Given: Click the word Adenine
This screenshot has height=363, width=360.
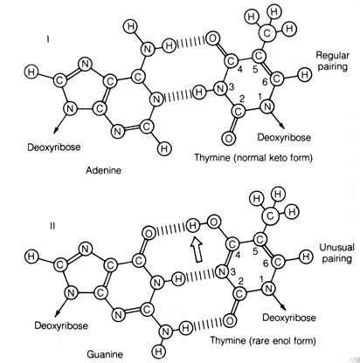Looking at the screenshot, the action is (103, 170).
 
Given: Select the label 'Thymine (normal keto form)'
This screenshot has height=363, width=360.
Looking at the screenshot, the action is (253, 158).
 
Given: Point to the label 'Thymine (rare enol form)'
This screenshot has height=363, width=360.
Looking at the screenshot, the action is (263, 340).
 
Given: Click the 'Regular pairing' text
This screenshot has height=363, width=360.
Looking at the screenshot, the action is (332, 60).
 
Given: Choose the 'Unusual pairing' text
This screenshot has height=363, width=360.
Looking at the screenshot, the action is (336, 253).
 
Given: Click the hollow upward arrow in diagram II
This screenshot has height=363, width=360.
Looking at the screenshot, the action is (197, 249).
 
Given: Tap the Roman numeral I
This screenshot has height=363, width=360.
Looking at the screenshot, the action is (48, 38).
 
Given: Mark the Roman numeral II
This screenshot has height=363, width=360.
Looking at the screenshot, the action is (52, 226).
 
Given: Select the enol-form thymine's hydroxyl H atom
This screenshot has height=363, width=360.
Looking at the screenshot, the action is (192, 226).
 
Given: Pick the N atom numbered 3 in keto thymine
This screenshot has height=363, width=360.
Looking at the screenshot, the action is (220, 88).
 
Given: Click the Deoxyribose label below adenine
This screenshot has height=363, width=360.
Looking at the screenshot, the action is (54, 147).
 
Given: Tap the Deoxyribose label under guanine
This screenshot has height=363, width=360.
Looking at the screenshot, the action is (61, 325).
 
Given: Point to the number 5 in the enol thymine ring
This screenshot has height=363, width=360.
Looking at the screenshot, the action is (255, 251).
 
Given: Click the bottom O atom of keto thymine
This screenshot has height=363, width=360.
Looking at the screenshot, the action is (228, 138).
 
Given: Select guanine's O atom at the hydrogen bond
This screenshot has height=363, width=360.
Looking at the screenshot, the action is (149, 234).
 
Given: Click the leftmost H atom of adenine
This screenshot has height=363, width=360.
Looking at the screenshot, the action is (31, 72).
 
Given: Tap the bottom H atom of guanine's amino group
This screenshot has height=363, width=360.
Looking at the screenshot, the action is (158, 351).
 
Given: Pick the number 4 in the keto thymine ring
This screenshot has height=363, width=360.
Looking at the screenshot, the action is (239, 69).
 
